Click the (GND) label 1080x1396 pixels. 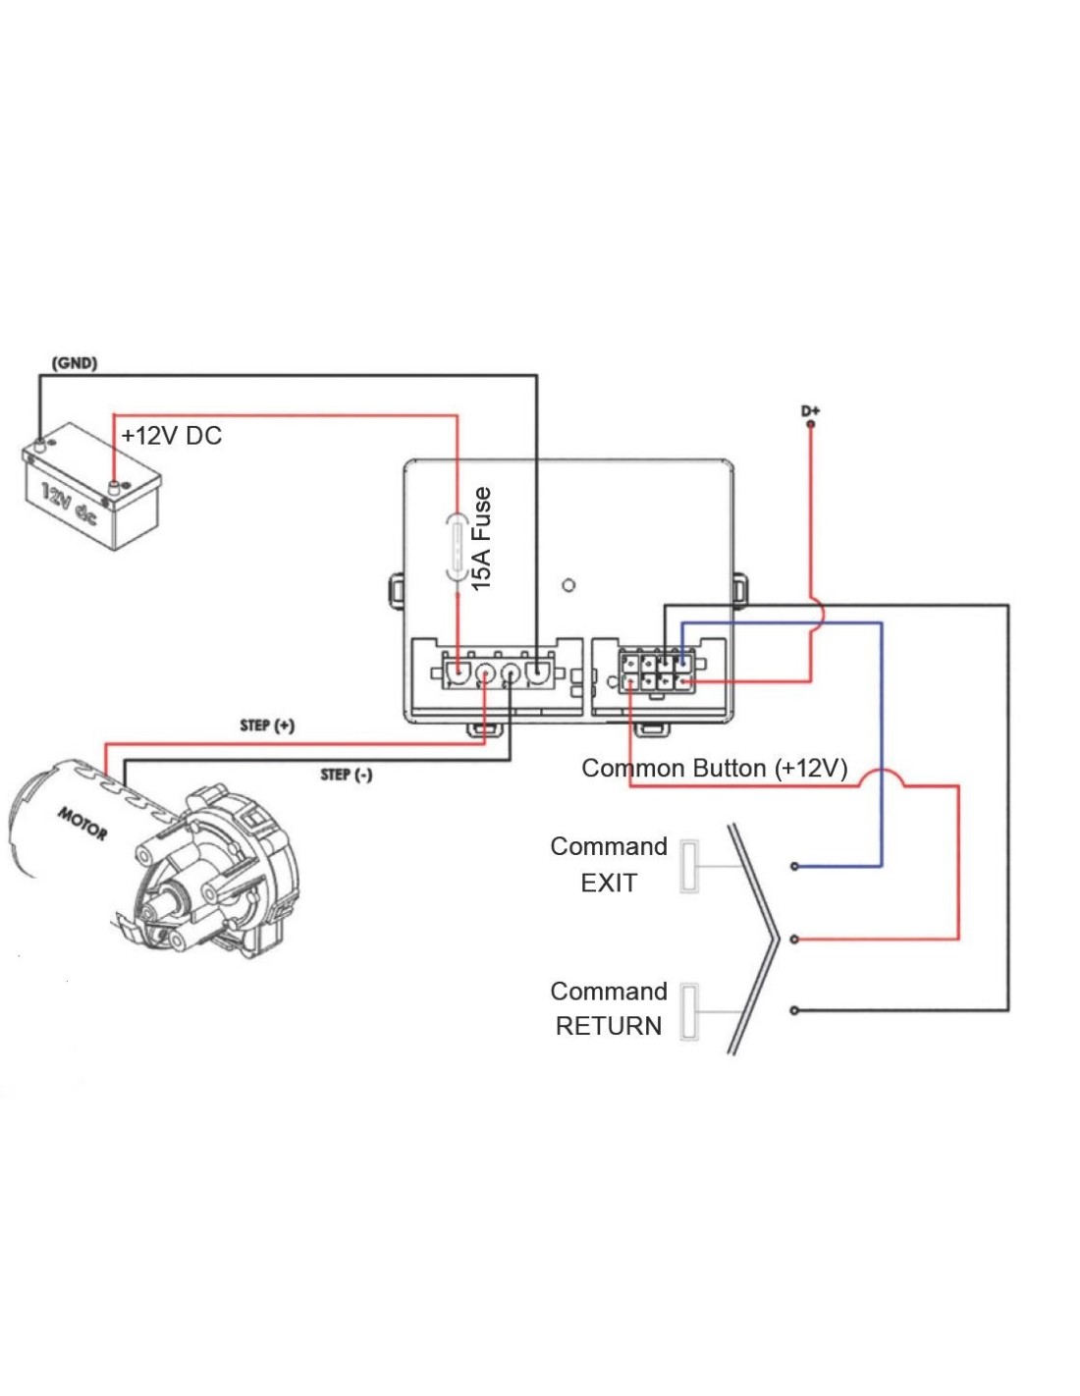[x=75, y=363]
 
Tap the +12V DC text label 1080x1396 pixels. [x=172, y=436]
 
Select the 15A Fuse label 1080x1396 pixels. [x=481, y=539]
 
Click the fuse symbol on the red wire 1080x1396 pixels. [x=458, y=547]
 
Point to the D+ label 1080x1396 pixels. [x=810, y=410]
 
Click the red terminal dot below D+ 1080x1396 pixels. [x=810, y=424]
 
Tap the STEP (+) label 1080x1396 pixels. [x=267, y=725]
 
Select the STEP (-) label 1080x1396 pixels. [x=347, y=775]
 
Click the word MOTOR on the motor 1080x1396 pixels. [x=82, y=823]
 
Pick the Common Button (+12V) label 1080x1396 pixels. [x=714, y=768]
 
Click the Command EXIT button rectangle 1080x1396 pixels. [x=689, y=866]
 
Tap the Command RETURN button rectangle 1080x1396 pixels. [x=689, y=1011]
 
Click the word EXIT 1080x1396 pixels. [x=609, y=883]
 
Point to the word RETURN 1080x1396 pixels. [x=609, y=1026]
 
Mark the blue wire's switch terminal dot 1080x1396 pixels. [x=794, y=866]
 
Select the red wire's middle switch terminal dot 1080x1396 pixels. [x=794, y=940]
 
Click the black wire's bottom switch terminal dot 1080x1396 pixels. [x=794, y=1010]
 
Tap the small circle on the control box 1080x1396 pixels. [x=568, y=586]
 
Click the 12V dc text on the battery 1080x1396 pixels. [x=69, y=504]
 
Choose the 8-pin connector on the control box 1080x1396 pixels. [x=656, y=671]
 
